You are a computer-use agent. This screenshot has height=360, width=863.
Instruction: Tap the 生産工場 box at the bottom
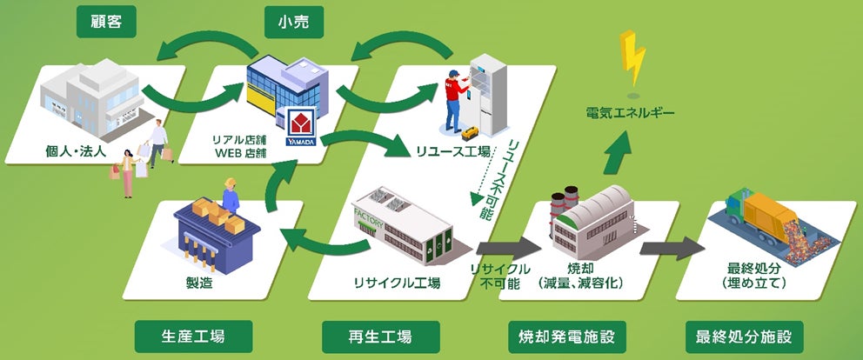click(x=194, y=337)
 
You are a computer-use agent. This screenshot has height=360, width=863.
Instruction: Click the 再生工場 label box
click(x=379, y=337)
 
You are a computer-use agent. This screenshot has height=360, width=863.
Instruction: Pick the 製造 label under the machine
click(x=199, y=283)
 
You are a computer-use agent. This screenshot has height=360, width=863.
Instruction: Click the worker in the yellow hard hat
click(x=231, y=194)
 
